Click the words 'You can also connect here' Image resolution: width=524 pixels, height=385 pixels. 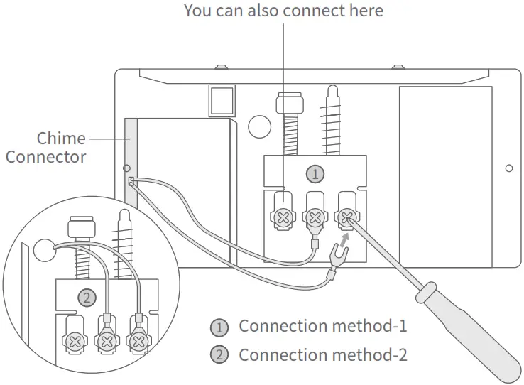click(x=283, y=11)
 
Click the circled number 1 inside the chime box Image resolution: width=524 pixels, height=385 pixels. click(x=313, y=173)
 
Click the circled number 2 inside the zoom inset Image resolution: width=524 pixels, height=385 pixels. click(x=86, y=298)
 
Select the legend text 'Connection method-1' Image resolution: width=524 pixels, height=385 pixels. click(x=322, y=327)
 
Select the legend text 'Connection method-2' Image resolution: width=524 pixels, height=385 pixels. click(x=322, y=354)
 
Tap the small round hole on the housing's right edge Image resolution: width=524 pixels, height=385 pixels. click(x=508, y=168)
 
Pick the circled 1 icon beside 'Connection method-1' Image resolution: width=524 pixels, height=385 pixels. click(x=220, y=327)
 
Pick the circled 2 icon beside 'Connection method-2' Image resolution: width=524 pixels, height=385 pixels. click(x=220, y=354)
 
